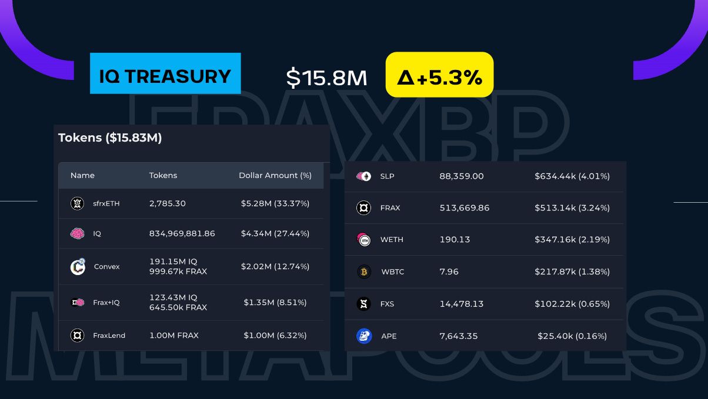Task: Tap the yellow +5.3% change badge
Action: (x=439, y=75)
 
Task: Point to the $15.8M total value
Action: (x=326, y=77)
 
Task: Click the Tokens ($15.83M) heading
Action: (x=110, y=138)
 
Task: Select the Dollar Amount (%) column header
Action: (x=275, y=175)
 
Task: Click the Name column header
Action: (x=82, y=175)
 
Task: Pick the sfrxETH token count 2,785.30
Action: (x=168, y=203)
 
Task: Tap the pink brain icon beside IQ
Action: (x=77, y=233)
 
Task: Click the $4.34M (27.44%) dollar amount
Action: (x=275, y=233)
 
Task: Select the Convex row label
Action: (x=106, y=266)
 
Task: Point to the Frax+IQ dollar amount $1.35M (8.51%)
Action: (x=275, y=303)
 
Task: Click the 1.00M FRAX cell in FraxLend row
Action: (x=174, y=336)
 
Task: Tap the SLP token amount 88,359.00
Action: (x=462, y=176)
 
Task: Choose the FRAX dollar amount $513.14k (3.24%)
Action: (x=572, y=208)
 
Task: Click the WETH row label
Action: (x=392, y=240)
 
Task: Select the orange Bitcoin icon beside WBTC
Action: (x=364, y=272)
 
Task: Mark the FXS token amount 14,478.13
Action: (x=462, y=304)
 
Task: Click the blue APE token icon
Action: (x=364, y=336)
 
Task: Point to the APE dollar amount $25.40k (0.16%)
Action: (x=572, y=336)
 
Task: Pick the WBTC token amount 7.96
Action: (x=449, y=272)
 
